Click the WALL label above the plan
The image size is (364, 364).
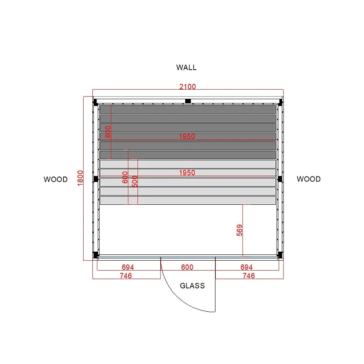coord(186,67)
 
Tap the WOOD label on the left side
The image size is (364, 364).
coord(56,179)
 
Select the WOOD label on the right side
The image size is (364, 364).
coord(308,179)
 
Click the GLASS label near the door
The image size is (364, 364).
coord(192,286)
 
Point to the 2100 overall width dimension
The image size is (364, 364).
coord(187,86)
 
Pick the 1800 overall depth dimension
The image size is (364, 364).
coord(80,178)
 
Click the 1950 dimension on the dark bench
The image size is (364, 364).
coord(187,136)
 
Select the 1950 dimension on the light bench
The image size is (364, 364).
coord(187,173)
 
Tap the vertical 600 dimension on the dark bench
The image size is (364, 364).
coord(108,132)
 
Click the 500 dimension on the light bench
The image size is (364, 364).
coord(135,181)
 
